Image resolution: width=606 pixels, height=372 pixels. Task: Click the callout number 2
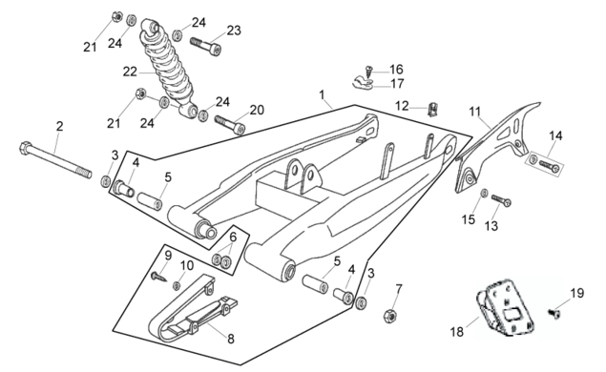(59, 126)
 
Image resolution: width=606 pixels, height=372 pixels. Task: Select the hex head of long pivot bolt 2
(25, 148)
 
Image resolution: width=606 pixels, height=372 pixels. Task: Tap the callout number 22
(130, 72)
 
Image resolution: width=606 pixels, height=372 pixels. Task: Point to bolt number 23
(205, 46)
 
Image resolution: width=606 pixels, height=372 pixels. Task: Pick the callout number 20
(257, 110)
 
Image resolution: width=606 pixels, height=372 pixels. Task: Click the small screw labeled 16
(369, 71)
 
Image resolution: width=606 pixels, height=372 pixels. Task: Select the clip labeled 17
(362, 83)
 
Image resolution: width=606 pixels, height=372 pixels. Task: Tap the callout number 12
(402, 106)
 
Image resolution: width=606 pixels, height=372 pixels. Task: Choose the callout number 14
(555, 135)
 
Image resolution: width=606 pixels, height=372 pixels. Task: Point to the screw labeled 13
(501, 200)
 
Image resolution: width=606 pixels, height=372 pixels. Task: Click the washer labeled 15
(484, 193)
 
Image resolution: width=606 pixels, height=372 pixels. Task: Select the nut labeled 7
(390, 316)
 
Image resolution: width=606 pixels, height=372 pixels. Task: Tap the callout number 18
(457, 331)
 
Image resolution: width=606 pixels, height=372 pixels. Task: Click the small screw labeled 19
(554, 313)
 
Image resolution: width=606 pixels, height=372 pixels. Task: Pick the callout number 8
(231, 340)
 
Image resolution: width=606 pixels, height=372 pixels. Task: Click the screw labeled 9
(158, 277)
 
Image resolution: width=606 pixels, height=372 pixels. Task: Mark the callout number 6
(233, 237)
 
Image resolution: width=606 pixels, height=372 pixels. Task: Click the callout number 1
(322, 94)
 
